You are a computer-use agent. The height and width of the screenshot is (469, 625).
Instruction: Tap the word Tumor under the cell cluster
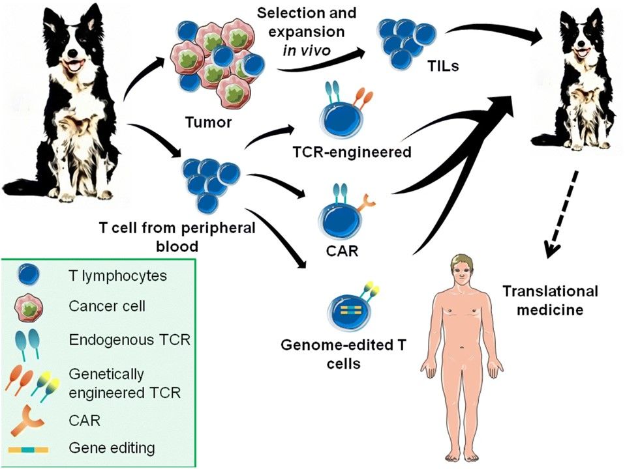point(207,122)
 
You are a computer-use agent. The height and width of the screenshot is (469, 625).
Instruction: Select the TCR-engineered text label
point(351,152)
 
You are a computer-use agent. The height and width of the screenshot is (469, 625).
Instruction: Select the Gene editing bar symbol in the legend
point(28,448)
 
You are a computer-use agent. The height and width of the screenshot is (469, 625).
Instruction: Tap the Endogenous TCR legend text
point(124,339)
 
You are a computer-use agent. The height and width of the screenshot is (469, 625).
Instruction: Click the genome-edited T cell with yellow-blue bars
point(343,312)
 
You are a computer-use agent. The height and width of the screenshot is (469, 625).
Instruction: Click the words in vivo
point(309,50)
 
